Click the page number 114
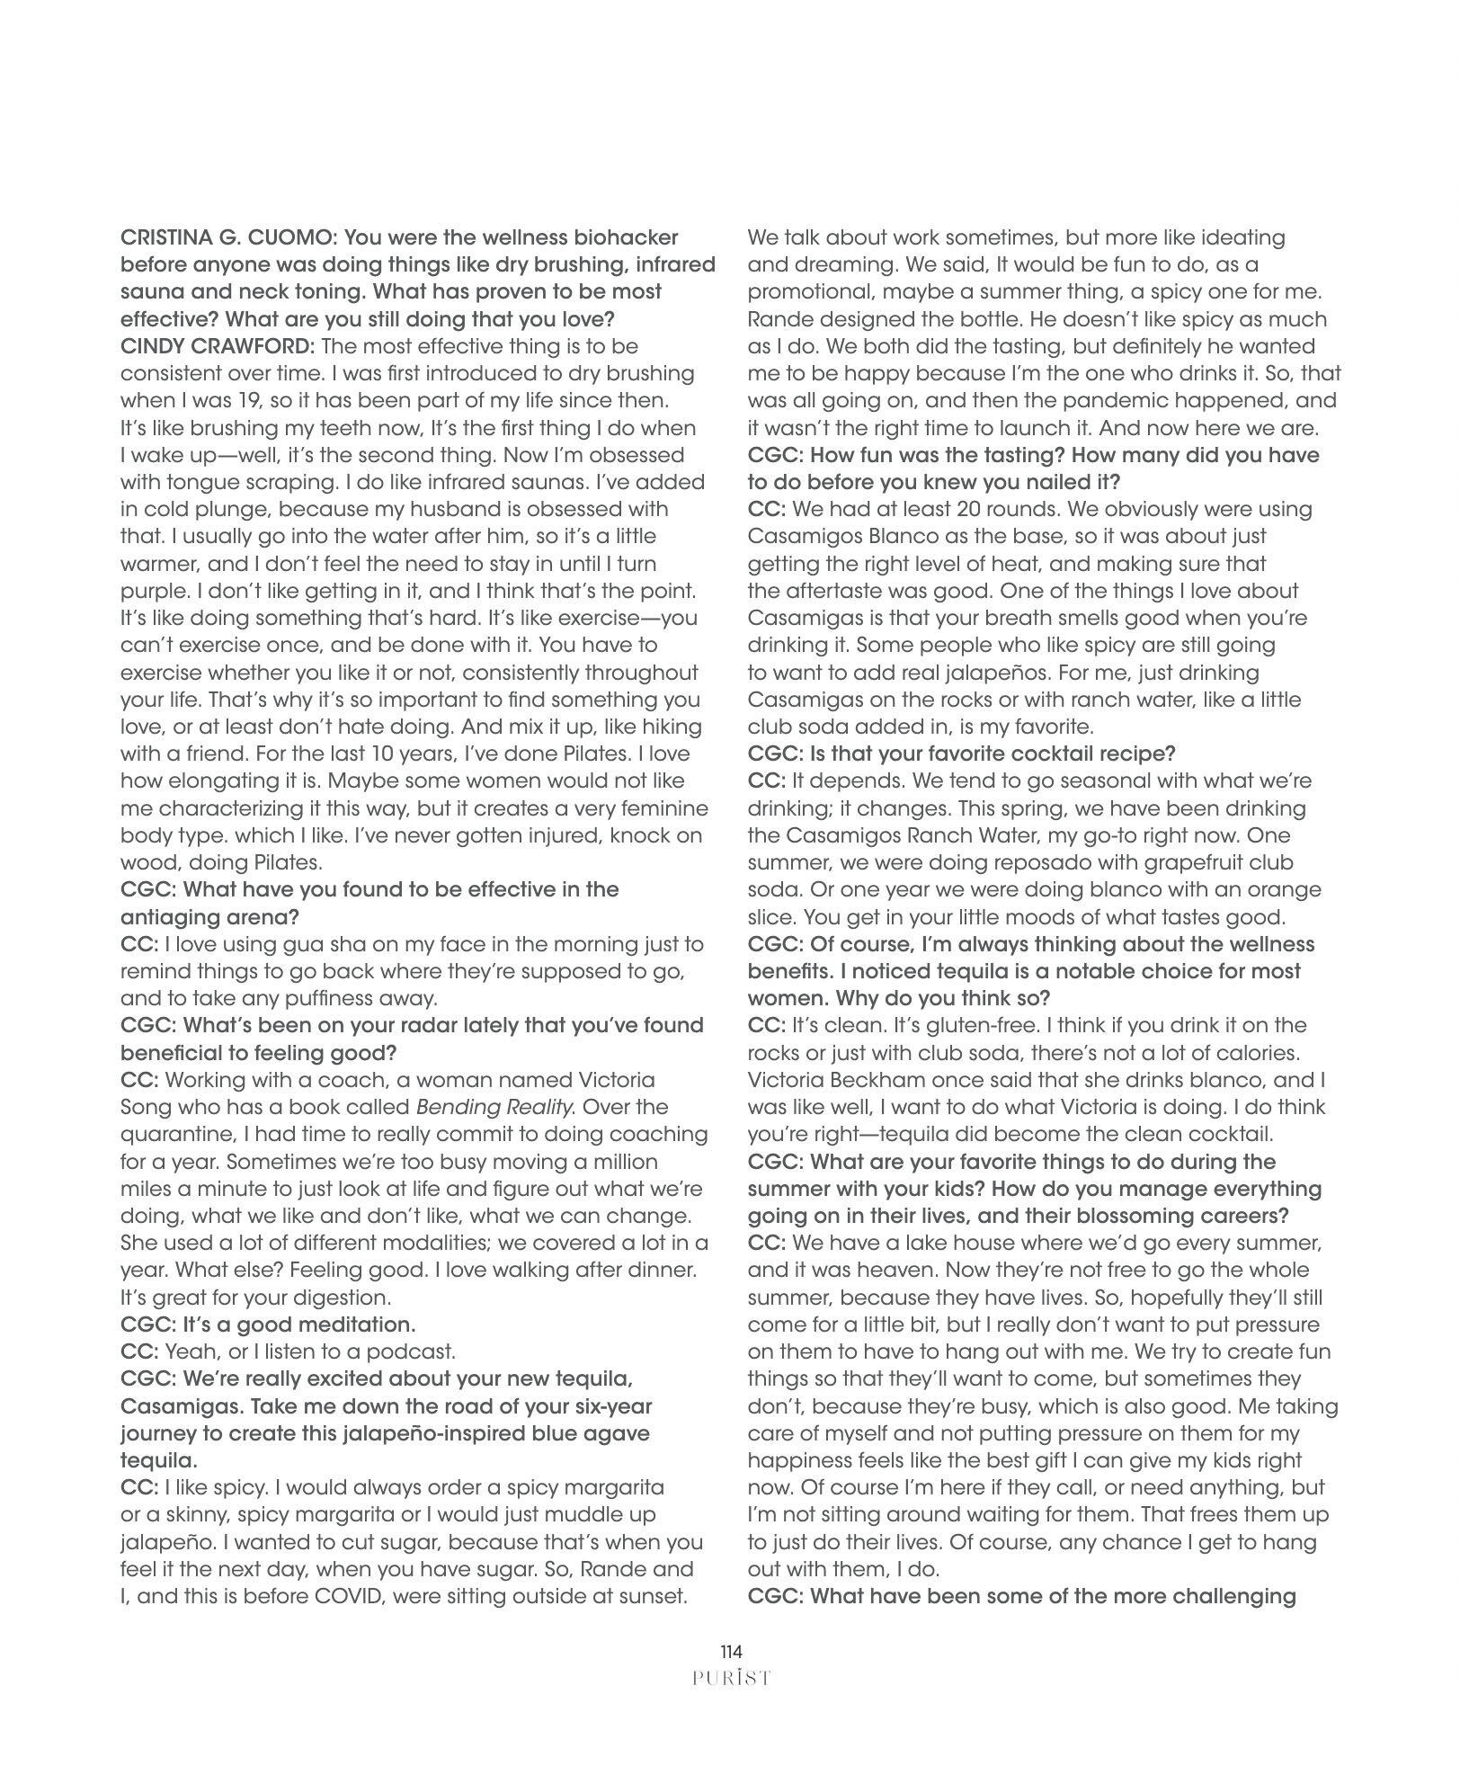[730, 1651]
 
